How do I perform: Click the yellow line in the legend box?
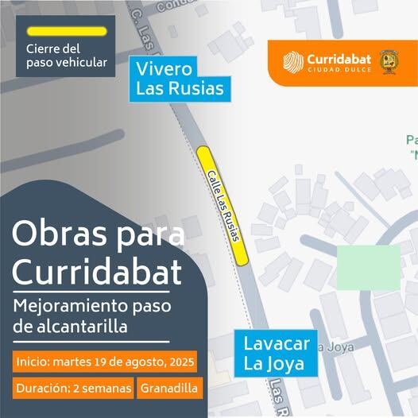(x=65, y=32)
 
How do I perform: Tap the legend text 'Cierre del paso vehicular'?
(x=65, y=56)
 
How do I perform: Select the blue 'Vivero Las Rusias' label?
(x=180, y=78)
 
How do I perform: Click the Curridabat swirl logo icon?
(x=294, y=62)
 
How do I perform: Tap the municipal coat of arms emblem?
(x=388, y=62)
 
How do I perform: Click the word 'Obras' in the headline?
(x=55, y=234)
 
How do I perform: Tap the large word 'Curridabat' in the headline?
(x=97, y=273)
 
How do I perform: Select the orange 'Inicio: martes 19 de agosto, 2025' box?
(x=104, y=362)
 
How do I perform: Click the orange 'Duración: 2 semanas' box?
(x=72, y=389)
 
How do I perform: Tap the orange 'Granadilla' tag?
(x=170, y=389)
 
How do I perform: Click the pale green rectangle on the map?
(x=368, y=267)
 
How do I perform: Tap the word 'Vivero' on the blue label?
(x=164, y=68)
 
